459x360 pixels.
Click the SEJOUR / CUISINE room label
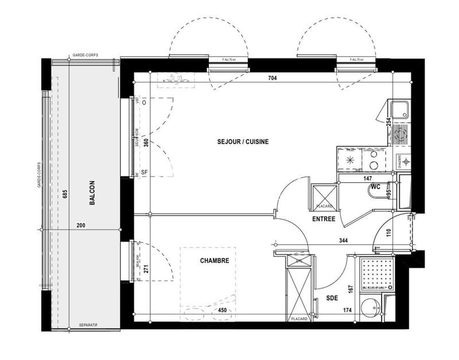coord(243,141)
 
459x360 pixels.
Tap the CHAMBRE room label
coord(215,260)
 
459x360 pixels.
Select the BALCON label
coord(92,193)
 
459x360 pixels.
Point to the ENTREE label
coord(324,219)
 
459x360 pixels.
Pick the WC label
coord(376,187)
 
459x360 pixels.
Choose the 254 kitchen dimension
coord(388,122)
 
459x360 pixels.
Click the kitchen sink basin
coord(399,109)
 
